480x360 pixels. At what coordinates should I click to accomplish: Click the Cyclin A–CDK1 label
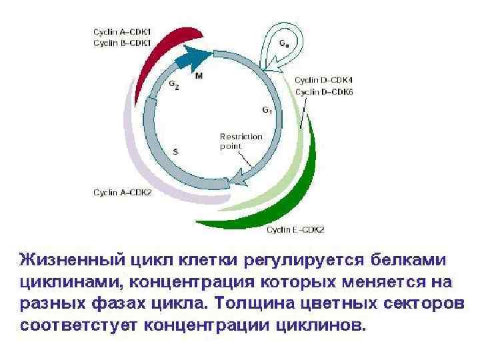(122, 31)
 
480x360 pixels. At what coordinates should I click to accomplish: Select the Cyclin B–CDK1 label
(122, 43)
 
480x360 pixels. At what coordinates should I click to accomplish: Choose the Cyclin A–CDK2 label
(122, 193)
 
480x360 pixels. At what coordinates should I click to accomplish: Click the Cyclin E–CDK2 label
(295, 230)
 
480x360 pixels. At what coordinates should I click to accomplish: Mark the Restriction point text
(241, 141)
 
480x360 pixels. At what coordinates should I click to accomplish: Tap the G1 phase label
(267, 109)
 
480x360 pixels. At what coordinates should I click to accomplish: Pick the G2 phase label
(173, 85)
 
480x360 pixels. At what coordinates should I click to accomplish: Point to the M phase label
(199, 76)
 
